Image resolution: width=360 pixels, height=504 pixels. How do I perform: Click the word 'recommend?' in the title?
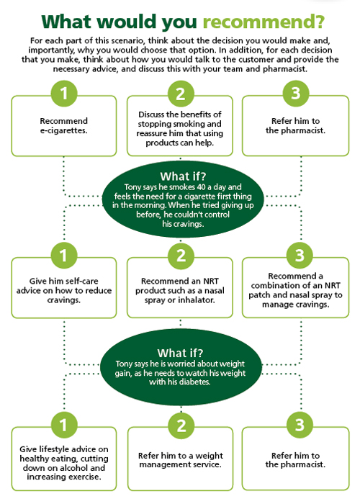264,22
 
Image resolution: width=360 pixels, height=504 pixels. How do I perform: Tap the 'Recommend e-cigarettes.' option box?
64,126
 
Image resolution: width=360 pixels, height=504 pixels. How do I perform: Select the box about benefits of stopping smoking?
180,126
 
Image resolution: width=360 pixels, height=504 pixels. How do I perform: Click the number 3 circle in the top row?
296,93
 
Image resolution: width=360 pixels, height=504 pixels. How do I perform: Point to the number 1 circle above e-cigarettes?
64,93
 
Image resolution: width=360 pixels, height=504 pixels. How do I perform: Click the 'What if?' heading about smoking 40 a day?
183,176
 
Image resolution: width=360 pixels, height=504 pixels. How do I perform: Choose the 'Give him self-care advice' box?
64,288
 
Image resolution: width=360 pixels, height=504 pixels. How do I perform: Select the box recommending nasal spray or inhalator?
180,288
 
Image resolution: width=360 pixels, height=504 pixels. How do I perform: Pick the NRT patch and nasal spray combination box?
295,288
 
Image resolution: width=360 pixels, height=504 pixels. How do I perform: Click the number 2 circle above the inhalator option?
181,256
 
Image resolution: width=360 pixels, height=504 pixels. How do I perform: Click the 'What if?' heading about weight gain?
180,353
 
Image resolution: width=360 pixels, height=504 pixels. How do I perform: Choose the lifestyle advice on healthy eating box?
64,459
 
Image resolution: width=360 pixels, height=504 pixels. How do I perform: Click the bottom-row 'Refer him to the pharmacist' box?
295,459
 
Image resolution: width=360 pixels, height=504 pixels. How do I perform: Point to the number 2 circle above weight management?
181,426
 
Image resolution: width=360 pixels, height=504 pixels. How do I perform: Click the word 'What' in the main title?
67,22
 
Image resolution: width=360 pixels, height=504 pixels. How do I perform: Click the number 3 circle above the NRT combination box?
300,256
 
